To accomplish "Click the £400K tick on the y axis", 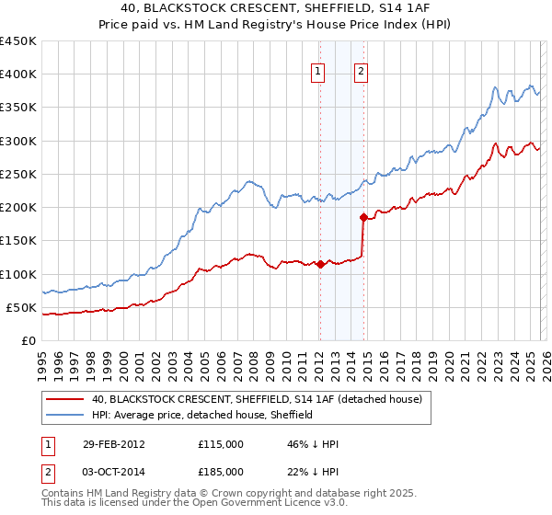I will tap(17, 74).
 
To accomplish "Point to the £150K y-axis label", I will tap(17, 241).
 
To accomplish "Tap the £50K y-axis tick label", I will tap(21, 307).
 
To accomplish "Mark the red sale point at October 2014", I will tap(362, 218).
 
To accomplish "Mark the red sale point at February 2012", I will tap(320, 264).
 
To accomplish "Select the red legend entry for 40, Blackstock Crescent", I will tap(257, 399).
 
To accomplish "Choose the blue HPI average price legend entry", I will tap(202, 416).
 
